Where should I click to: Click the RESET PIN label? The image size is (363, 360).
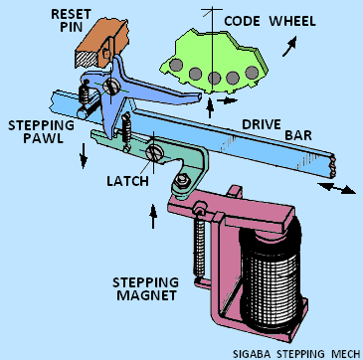point(72,20)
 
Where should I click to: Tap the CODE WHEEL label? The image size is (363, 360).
point(270,21)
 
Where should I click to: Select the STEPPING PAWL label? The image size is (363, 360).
point(41,131)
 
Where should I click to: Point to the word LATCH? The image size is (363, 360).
point(127,181)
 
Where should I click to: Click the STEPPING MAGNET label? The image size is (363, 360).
point(145,288)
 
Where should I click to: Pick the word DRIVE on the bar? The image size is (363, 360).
point(262,125)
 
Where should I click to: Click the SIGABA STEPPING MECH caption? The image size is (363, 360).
point(296,353)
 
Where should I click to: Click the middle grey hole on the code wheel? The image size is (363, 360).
point(214,78)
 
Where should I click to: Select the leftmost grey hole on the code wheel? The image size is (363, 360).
point(176,65)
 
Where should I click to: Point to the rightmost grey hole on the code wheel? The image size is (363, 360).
point(252,72)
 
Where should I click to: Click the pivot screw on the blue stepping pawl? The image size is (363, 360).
point(110,87)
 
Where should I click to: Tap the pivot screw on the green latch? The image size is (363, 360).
point(153,153)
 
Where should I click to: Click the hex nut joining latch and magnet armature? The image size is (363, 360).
point(181,181)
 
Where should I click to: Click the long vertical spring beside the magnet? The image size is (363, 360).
point(199,249)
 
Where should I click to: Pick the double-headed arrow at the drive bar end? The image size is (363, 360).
point(337,188)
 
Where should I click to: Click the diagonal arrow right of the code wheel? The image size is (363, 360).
point(289,47)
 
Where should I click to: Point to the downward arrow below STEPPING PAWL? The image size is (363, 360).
point(84,156)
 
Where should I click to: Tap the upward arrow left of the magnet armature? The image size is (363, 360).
point(153,216)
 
